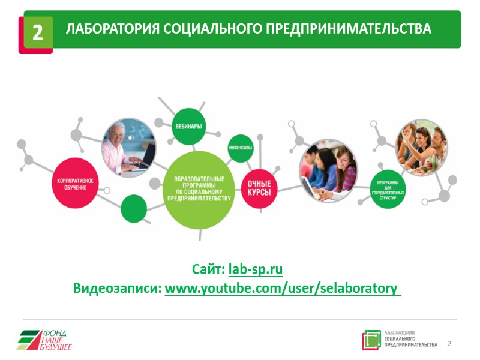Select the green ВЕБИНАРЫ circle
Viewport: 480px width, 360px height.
(188, 126)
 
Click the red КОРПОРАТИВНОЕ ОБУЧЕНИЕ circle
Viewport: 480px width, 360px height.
(76, 184)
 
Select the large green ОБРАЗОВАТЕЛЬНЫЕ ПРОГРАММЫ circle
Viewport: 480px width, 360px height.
(199, 190)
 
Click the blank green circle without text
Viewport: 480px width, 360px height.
(134, 209)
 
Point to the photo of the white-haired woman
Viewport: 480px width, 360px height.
(128, 148)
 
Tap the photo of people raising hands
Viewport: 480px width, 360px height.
(422, 146)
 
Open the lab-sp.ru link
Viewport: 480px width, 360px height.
(256, 269)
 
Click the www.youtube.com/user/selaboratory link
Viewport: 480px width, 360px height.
(281, 289)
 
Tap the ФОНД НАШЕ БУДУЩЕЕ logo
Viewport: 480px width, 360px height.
(44, 340)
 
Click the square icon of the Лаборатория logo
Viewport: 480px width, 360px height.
(371, 340)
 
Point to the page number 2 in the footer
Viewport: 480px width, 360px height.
(449, 344)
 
